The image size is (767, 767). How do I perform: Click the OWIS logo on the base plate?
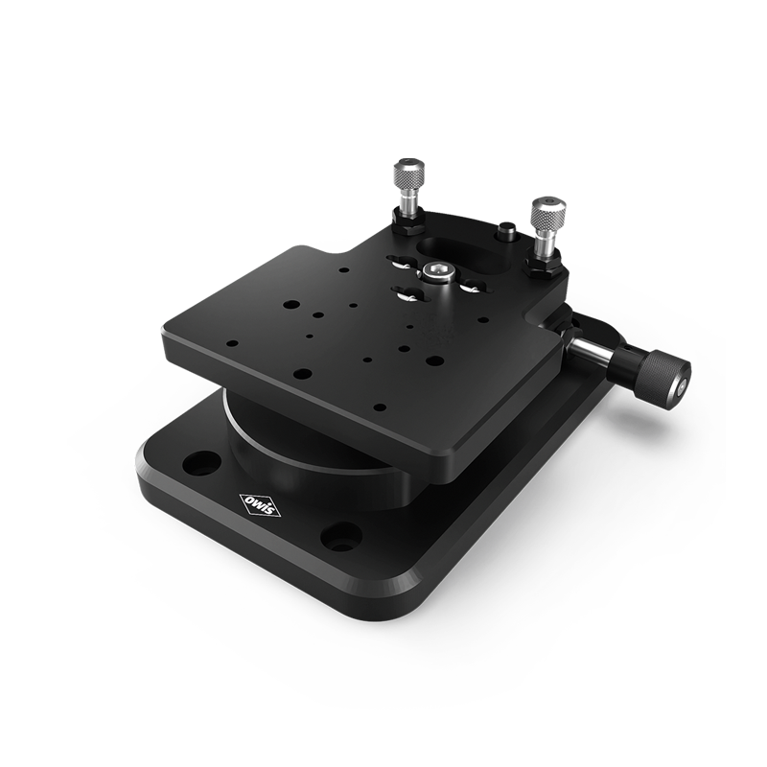260,504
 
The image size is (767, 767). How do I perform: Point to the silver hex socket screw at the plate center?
436,271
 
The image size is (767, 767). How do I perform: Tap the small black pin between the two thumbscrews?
507,231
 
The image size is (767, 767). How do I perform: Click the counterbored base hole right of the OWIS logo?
341,535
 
